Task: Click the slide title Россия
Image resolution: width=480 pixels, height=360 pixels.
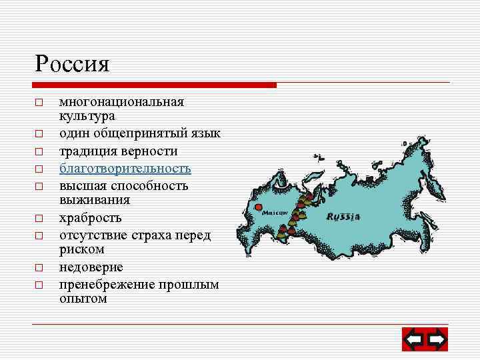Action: coord(72,65)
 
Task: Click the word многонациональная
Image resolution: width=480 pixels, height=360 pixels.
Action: coord(121,102)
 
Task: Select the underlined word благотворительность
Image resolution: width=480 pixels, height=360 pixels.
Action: coord(125,169)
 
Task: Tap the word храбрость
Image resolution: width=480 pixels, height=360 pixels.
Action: coord(91,218)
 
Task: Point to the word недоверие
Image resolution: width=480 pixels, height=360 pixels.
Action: coord(91,267)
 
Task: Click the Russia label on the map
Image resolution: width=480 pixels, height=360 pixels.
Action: coord(343,217)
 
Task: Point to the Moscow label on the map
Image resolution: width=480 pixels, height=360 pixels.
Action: coord(273,213)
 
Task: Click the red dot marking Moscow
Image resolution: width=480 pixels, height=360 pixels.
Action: coord(259,207)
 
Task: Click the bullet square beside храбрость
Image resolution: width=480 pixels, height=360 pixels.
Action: coord(39,219)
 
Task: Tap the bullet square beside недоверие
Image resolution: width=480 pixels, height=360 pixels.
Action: coord(39,268)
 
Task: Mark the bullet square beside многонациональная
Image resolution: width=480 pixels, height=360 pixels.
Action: coord(39,103)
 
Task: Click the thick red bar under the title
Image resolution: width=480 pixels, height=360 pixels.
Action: coord(154,85)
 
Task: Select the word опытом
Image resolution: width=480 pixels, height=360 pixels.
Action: coord(83,299)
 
